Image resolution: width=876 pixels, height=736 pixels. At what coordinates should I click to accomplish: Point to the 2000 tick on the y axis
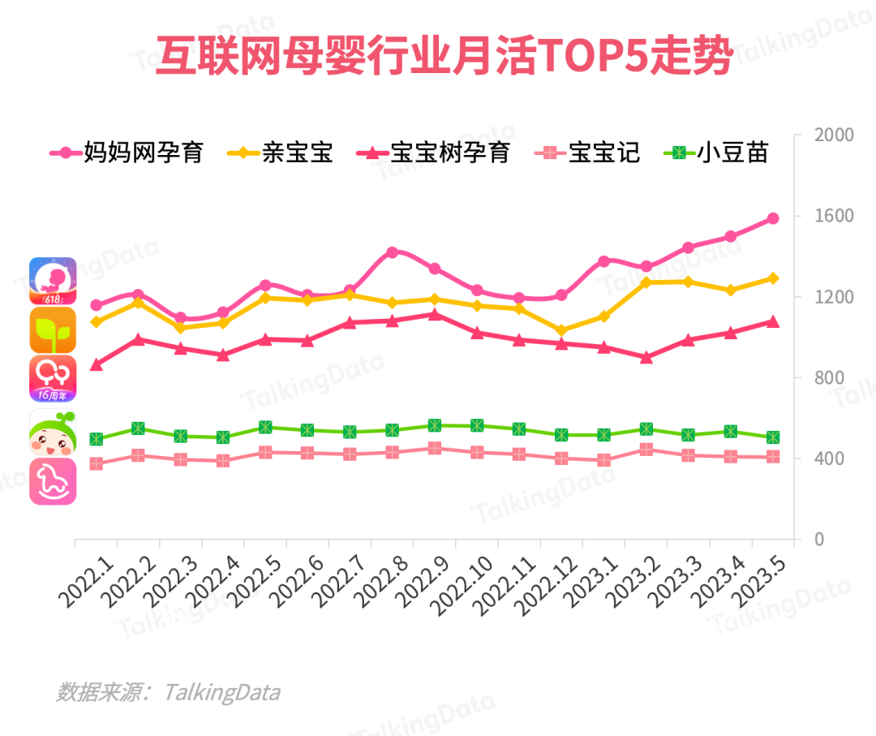click(x=834, y=135)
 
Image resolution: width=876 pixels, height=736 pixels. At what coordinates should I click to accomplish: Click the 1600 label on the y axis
click(x=834, y=216)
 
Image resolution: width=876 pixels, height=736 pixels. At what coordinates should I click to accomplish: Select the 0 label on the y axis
click(x=820, y=539)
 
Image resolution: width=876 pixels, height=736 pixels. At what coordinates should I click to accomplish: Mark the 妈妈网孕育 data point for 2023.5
click(x=773, y=218)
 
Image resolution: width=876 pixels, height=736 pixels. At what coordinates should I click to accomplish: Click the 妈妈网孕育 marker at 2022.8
click(x=393, y=252)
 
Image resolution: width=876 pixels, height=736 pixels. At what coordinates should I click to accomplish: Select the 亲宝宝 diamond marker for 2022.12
click(x=561, y=330)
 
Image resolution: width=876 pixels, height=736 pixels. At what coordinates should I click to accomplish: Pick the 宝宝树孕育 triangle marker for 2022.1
click(x=97, y=365)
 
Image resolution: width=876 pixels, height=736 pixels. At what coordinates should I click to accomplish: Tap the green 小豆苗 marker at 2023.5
click(x=773, y=437)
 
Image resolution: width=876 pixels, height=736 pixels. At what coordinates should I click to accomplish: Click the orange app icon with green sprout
click(x=53, y=330)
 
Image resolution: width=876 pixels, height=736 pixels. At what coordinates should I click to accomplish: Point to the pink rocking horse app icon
click(x=53, y=481)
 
